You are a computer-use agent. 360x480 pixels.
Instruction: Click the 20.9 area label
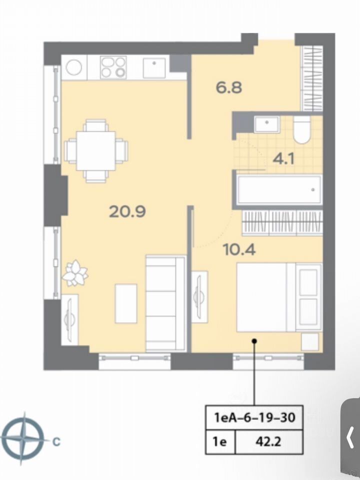point(127,211)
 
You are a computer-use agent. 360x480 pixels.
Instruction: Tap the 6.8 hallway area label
point(229,87)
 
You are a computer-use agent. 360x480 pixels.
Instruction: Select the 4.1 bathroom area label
point(283,159)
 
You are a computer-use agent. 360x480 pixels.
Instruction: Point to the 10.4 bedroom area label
point(239,250)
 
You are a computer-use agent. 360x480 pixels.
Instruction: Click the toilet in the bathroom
point(301,130)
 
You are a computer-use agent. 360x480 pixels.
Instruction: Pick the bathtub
point(279,189)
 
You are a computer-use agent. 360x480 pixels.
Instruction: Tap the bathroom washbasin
point(267,124)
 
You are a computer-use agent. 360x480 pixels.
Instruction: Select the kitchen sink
point(154,67)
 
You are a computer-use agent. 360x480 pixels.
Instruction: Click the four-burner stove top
point(113,67)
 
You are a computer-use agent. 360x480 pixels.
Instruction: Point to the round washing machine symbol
point(74,67)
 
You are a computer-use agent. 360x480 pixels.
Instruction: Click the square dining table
point(96,151)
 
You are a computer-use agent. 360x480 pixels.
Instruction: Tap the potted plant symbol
point(75,273)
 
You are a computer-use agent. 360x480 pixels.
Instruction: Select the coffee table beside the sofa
point(126,303)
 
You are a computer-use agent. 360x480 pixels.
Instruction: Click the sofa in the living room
point(166,303)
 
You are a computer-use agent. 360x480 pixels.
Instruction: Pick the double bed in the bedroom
point(279,297)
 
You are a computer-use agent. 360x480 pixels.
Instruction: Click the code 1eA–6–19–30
point(254,417)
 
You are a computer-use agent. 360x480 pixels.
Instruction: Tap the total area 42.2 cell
point(269,441)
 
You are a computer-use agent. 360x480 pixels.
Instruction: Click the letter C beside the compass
point(56,441)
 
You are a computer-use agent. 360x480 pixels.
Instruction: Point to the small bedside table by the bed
point(310,341)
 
